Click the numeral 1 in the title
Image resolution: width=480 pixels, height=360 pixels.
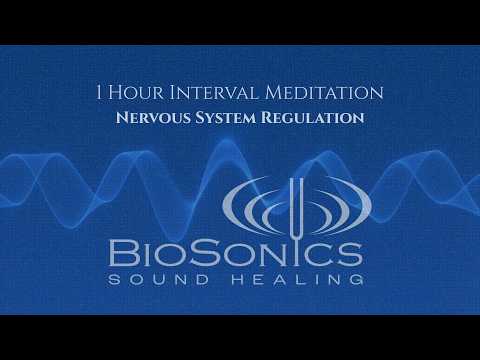99,92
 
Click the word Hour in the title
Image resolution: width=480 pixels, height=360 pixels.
136,92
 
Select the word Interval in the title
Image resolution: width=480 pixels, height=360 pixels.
214,92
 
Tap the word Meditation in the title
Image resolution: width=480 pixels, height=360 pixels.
324,92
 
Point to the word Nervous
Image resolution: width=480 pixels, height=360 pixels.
153,118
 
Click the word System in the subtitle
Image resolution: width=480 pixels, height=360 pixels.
225,118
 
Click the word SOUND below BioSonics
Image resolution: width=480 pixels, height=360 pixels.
159,279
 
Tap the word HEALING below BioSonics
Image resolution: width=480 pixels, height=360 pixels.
297,279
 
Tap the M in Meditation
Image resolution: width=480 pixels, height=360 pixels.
274,92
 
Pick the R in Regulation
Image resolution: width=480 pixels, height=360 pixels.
267,118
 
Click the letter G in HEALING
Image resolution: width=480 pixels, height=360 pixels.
355,279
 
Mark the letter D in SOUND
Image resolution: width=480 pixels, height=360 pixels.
200,279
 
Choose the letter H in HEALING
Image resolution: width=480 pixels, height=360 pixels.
239,279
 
